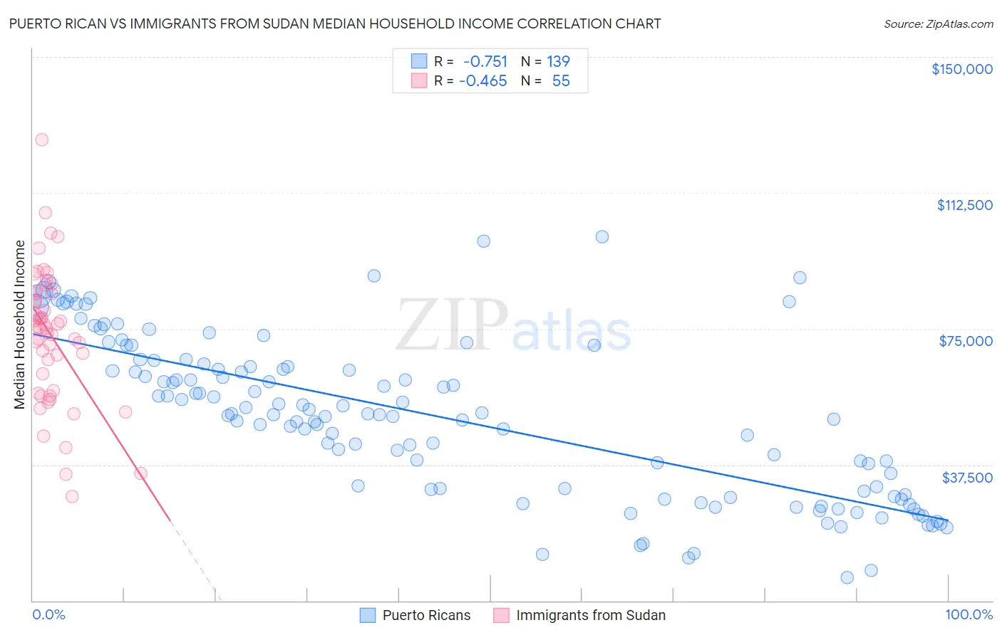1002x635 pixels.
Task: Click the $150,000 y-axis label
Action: point(961,69)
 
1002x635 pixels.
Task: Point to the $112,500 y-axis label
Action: point(964,205)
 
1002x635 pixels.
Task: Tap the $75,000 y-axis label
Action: point(966,341)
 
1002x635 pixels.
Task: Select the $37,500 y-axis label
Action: point(967,478)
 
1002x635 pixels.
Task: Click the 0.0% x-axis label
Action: point(48,614)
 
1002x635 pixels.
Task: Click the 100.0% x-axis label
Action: point(969,614)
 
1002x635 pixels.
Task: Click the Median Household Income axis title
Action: point(20,325)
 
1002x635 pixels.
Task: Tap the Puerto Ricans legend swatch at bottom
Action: point(368,615)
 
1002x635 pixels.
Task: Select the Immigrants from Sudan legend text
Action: point(590,615)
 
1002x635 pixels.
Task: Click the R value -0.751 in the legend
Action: point(485,62)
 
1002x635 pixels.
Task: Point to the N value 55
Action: point(561,81)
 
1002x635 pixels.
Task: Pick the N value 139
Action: point(558,62)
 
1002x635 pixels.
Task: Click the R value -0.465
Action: point(482,81)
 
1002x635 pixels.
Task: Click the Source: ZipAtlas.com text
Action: point(938,24)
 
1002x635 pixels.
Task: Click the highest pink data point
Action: point(42,140)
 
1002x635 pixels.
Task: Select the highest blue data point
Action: point(602,236)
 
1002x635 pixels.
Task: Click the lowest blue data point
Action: point(847,577)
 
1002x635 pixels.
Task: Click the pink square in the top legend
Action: point(419,81)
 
